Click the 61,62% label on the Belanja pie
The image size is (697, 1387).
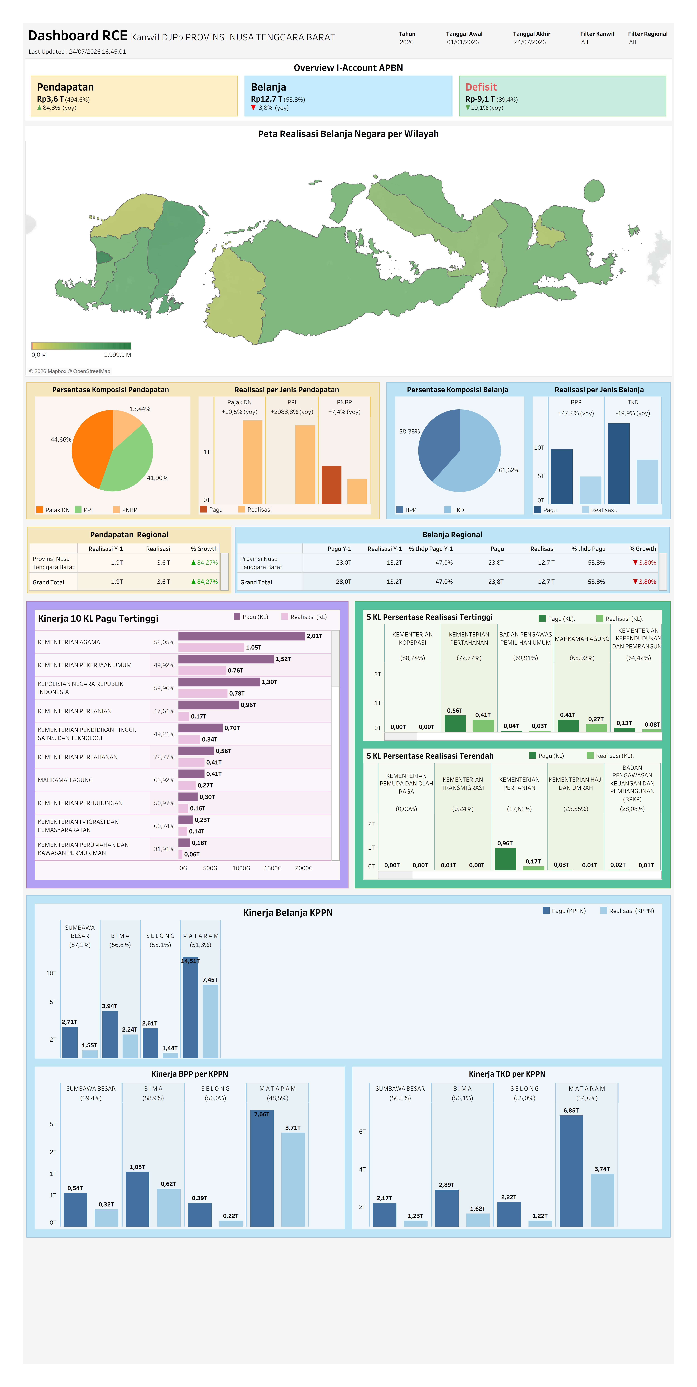(x=509, y=470)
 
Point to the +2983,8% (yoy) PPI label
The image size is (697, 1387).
(x=292, y=412)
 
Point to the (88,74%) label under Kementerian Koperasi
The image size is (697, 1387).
(x=412, y=658)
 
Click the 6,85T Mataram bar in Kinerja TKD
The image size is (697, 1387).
(x=571, y=1171)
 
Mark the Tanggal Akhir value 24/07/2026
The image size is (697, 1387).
(x=530, y=42)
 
